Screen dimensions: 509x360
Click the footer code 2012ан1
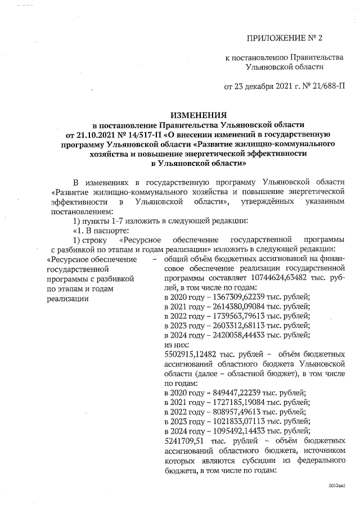coord(336,485)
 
